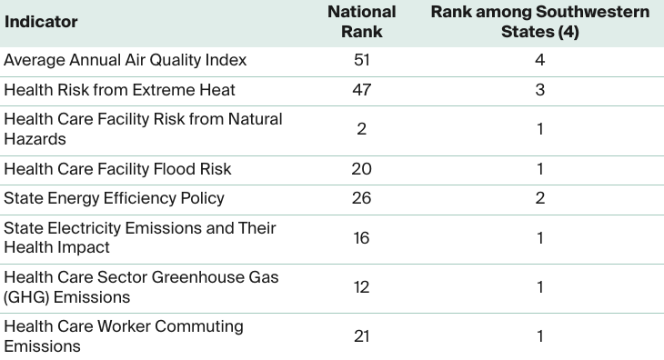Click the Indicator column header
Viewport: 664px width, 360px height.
coord(42,21)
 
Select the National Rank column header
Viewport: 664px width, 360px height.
coord(361,21)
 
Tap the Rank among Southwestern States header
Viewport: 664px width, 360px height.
coord(539,21)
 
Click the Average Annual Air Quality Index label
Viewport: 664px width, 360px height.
coord(126,60)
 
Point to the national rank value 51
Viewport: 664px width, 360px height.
coord(361,60)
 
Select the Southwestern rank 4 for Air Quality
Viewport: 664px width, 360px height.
coord(539,60)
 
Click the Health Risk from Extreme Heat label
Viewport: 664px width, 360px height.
coord(119,89)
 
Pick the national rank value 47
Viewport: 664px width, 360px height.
coord(361,89)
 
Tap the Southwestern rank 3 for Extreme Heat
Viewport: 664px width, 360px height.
coord(539,89)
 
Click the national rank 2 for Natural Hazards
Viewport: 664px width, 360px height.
coord(361,129)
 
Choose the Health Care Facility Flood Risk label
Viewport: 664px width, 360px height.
coord(117,169)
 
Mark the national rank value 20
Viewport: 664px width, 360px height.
coord(361,169)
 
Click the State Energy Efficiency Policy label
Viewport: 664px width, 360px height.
coord(114,198)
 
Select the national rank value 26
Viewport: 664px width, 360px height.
coord(361,198)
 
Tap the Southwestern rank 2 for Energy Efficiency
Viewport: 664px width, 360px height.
coord(539,198)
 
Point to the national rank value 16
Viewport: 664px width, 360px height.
coord(361,238)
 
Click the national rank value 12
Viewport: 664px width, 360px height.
coord(361,287)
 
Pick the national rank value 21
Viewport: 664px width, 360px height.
coord(361,336)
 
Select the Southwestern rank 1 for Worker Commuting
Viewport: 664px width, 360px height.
coord(539,336)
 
